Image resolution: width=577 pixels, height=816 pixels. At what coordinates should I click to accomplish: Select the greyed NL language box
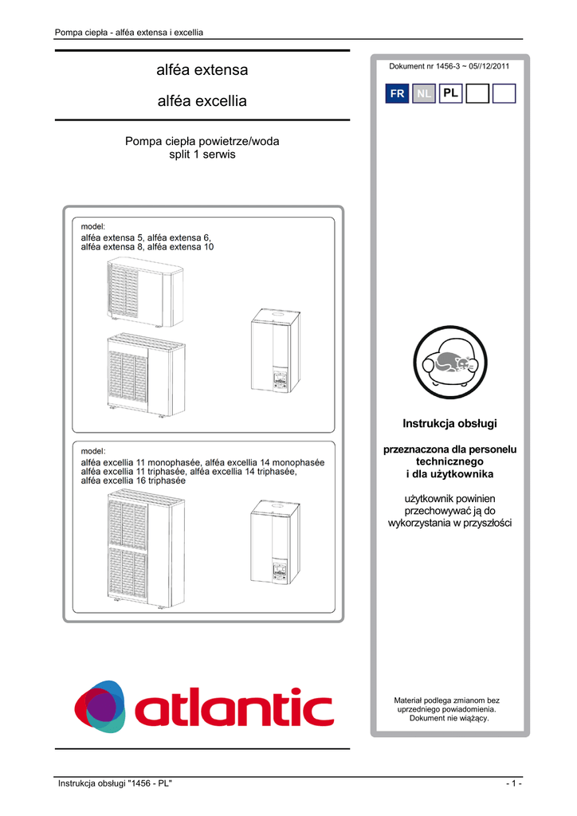point(424,94)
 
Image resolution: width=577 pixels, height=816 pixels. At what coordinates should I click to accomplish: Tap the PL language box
point(450,94)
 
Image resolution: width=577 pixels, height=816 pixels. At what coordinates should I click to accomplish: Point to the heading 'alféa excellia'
point(202,101)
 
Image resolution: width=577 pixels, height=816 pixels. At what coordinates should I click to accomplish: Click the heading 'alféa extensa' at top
point(202,70)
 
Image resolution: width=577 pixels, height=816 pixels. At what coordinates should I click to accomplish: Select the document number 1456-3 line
point(449,65)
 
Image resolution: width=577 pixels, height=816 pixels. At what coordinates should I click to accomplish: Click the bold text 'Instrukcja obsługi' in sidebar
point(450,422)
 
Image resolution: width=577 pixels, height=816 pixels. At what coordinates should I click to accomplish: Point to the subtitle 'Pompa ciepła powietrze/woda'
point(202,141)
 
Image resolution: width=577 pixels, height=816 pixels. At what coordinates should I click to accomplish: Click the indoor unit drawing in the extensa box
point(275,351)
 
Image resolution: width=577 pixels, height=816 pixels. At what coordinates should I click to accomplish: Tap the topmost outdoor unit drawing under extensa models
point(146,291)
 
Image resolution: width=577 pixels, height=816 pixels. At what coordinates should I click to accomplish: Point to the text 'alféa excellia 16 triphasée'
point(133,481)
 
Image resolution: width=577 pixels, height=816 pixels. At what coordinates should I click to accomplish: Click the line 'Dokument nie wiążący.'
point(449,718)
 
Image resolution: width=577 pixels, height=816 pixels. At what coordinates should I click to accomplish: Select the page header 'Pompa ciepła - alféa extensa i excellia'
point(128,33)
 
